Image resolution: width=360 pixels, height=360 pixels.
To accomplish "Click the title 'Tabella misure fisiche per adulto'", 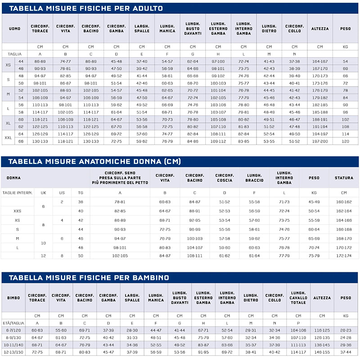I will point(86,8).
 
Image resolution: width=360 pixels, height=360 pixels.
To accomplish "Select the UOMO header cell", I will point(14,28).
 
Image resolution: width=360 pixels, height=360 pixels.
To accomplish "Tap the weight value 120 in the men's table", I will point(345,141).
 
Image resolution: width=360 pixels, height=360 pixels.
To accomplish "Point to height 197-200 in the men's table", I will point(320,141).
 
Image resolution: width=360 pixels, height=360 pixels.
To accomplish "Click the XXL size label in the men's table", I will point(8,138).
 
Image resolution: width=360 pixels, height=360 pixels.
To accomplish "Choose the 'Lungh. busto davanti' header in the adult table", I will point(193,28).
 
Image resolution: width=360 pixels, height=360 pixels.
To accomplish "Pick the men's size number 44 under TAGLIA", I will point(21,61).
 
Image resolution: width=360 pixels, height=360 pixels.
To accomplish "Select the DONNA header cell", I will point(13,178).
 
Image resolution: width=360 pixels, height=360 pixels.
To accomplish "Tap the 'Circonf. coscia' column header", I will point(224,178).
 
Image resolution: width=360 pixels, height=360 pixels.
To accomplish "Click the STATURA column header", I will point(344,178).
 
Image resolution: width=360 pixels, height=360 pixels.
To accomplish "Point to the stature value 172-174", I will point(344,256).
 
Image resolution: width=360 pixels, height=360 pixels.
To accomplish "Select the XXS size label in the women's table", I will point(17,211).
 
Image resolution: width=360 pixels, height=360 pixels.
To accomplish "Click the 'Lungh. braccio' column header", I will point(255,178).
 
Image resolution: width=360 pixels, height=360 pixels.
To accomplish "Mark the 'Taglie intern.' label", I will point(17,193).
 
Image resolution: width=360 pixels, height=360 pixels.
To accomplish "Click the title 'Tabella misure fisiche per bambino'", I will point(89,278).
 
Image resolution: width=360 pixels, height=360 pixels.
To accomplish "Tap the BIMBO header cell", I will point(13,298).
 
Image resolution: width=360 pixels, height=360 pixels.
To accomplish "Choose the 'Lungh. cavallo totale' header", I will point(298,298).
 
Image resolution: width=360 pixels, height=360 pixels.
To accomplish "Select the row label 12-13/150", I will point(13,352).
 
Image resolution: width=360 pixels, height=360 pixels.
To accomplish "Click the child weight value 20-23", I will point(346,330).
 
